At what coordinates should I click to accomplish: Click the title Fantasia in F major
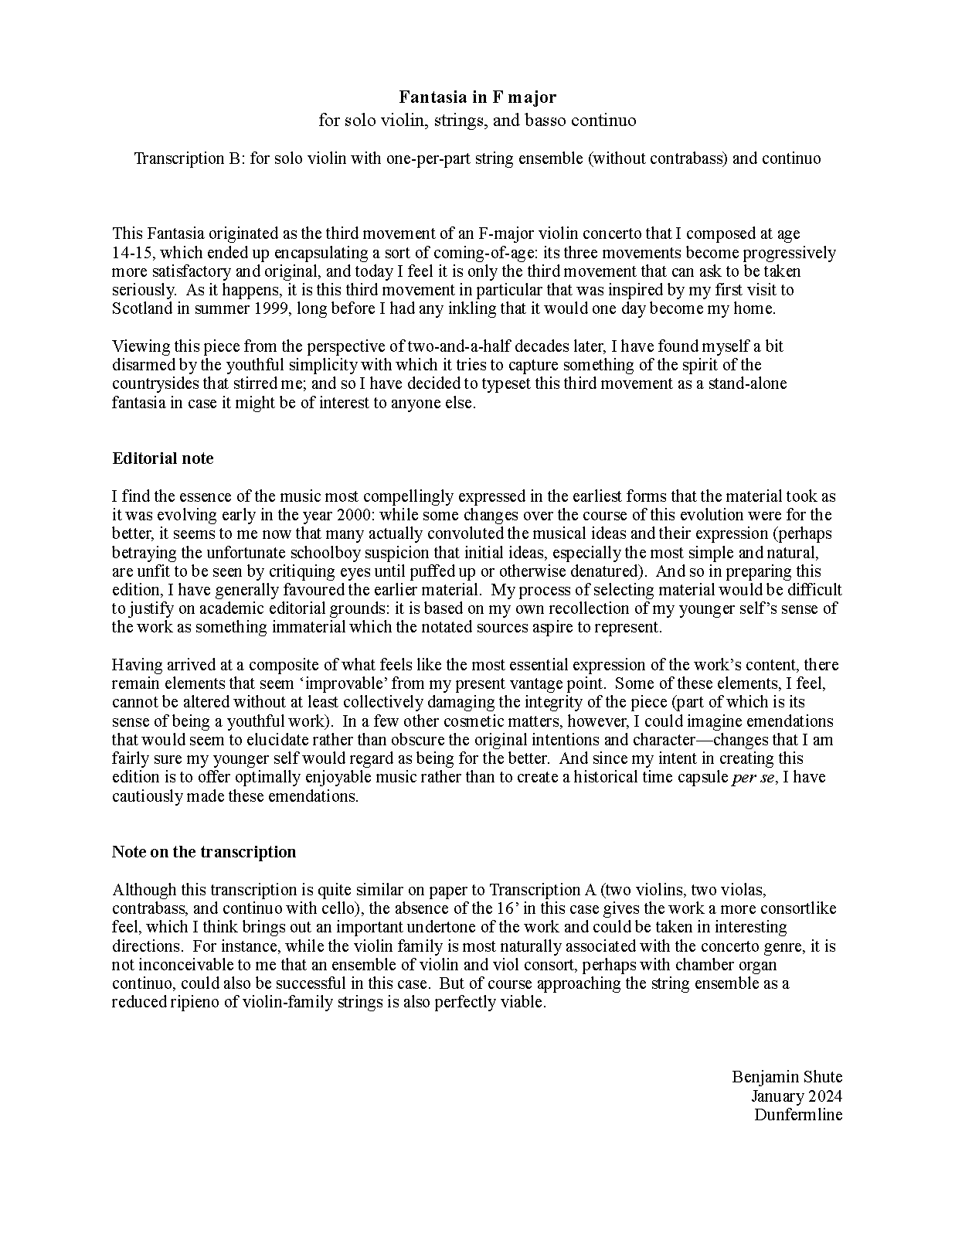point(477,97)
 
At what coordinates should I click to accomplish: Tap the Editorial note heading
point(162,458)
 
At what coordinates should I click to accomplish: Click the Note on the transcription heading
point(204,852)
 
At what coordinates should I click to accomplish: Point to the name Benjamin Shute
point(787,1077)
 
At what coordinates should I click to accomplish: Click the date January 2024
point(796,1096)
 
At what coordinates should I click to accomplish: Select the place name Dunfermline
point(798,1115)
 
